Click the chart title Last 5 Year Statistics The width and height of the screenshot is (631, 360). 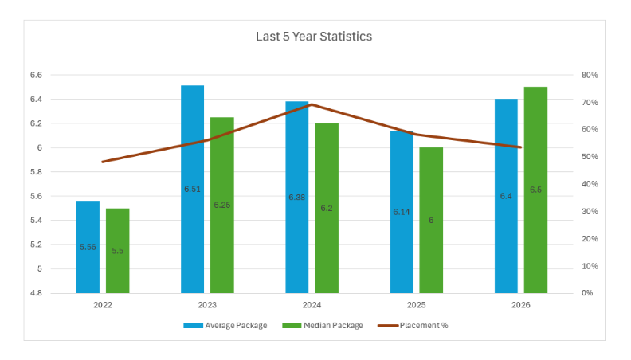pos(314,37)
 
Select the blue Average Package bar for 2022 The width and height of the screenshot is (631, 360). pos(88,247)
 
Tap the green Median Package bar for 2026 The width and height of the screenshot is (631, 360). pos(535,190)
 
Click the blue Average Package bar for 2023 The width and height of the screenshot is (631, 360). pos(192,189)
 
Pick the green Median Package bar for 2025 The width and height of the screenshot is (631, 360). pos(431,221)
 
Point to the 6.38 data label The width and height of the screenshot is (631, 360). pos(297,198)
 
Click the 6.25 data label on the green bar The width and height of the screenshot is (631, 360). pos(222,205)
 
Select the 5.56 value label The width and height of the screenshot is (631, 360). pos(88,247)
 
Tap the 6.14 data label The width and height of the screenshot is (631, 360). pos(402,212)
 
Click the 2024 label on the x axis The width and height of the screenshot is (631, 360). pos(312,305)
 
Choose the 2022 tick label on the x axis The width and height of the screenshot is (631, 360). pos(103,305)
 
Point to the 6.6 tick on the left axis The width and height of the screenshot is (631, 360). pos(36,75)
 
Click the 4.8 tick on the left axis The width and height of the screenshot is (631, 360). pos(36,293)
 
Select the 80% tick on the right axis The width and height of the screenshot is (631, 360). pos(590,75)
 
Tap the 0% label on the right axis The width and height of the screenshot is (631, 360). pos(587,293)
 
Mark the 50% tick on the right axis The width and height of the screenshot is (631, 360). pos(590,156)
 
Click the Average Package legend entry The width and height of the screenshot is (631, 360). pos(225,326)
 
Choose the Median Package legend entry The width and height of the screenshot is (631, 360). pos(323,326)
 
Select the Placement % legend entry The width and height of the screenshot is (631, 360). pos(413,326)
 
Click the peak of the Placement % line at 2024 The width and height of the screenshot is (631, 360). pos(312,104)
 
